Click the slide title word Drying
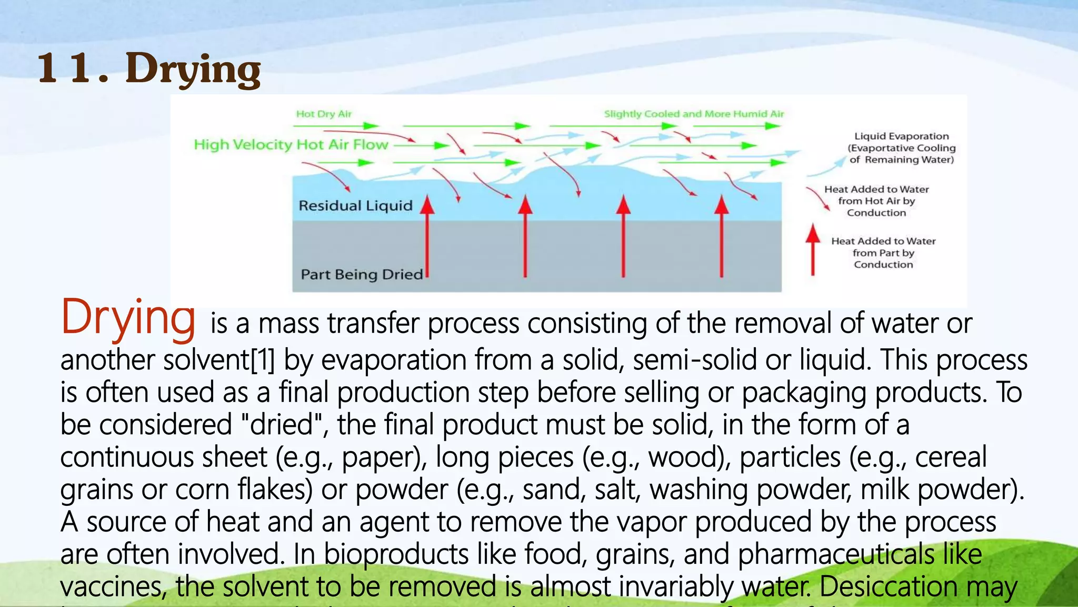pyautogui.click(x=193, y=69)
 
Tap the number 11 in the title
pyautogui.click(x=72, y=68)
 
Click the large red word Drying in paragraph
pyautogui.click(x=128, y=318)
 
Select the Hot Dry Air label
pyautogui.click(x=323, y=114)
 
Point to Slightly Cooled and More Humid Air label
pyautogui.click(x=694, y=114)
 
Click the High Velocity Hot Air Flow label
pyautogui.click(x=291, y=144)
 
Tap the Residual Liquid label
pyautogui.click(x=355, y=205)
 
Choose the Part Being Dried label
pyautogui.click(x=362, y=275)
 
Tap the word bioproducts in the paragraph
pyautogui.click(x=396, y=554)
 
